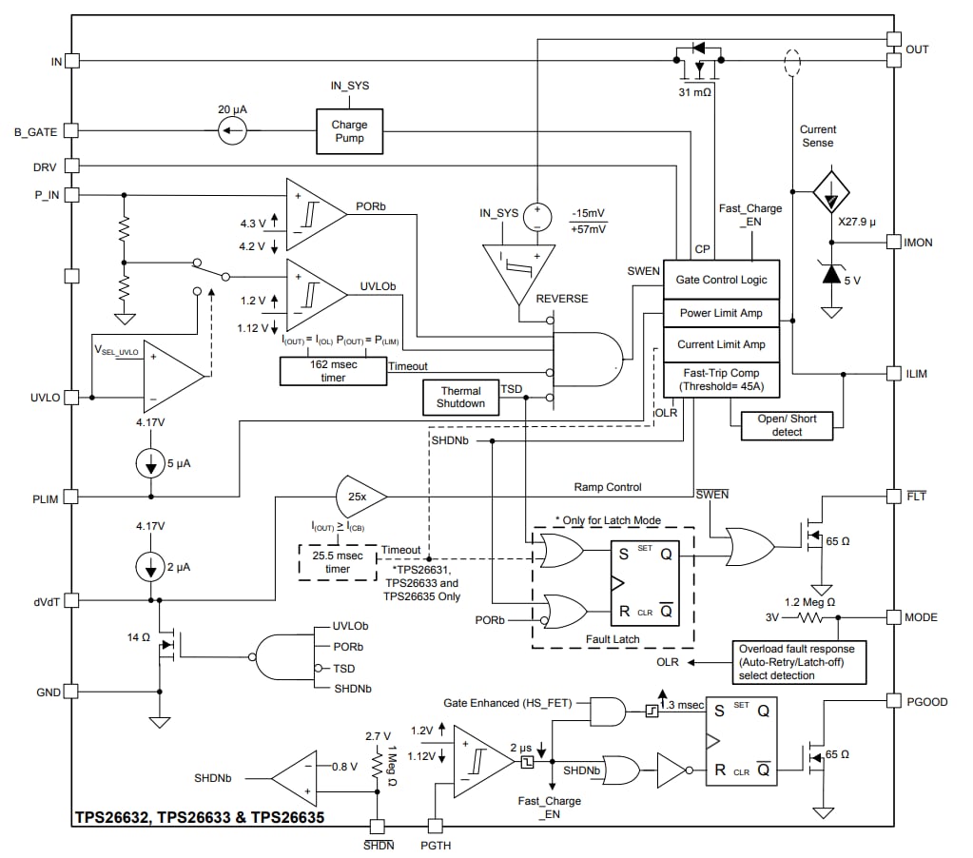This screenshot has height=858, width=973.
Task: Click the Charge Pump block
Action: (349, 131)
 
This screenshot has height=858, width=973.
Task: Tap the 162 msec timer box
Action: (333, 371)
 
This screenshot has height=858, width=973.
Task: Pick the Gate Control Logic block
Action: (721, 280)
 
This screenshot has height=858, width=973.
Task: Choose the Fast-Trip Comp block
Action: (721, 380)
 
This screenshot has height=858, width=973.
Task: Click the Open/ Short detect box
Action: (787, 425)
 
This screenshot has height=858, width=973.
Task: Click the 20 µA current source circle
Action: (232, 132)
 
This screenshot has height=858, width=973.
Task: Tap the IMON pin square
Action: (893, 242)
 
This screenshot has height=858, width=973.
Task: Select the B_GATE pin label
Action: (35, 132)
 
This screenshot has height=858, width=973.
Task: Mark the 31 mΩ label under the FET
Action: (695, 93)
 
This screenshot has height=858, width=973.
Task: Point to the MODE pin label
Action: (921, 616)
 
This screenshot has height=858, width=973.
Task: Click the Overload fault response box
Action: (799, 662)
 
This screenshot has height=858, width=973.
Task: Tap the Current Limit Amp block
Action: (721, 344)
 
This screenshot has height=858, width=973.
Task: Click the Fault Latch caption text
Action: (613, 638)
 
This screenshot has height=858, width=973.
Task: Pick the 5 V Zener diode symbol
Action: (832, 274)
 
